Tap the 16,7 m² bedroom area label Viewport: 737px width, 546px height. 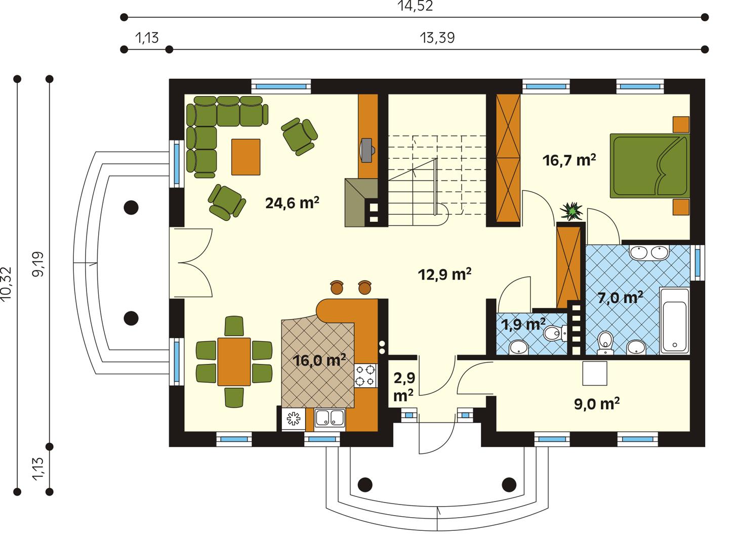coord(568,161)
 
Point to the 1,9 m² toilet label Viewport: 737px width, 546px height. coord(523,324)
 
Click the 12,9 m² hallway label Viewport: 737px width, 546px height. coord(445,275)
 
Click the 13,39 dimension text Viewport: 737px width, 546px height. coord(437,38)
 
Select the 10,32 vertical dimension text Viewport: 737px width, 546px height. coord(7,284)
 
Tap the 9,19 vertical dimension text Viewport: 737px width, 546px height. coord(38,264)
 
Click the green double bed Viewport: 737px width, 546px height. coord(650,165)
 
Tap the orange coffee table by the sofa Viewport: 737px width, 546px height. coord(246,157)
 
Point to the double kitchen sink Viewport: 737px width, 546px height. coord(330,418)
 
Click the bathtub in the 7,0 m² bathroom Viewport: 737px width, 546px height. coord(674,321)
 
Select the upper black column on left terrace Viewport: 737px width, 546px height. coord(132,207)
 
